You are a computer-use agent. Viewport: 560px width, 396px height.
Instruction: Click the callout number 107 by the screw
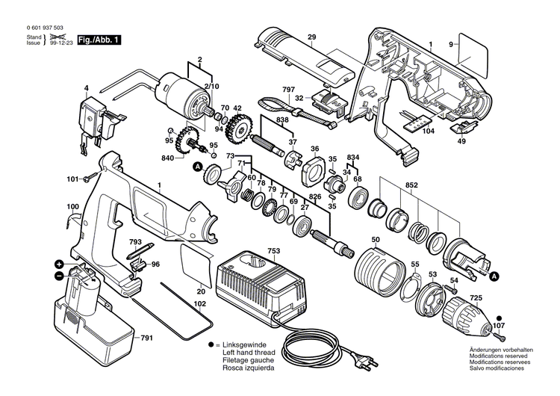(498, 325)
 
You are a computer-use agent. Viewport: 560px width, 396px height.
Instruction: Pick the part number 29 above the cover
(311, 37)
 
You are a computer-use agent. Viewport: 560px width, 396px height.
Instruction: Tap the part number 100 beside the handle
(72, 206)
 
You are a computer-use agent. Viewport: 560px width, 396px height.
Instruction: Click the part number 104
(428, 131)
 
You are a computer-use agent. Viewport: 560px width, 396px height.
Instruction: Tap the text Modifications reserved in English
(500, 356)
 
